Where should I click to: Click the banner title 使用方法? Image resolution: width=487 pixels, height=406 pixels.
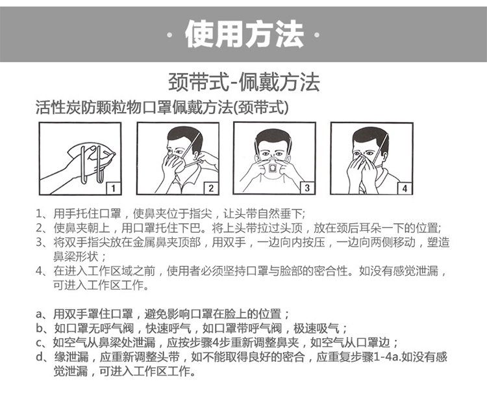click(243, 34)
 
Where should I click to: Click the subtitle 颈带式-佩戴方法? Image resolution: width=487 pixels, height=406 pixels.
click(243, 83)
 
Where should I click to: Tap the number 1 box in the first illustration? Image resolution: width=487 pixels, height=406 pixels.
click(112, 188)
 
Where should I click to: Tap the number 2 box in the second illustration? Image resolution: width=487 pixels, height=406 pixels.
click(210, 188)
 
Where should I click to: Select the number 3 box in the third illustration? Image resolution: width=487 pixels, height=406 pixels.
click(307, 188)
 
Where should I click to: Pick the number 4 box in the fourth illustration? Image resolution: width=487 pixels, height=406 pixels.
click(404, 188)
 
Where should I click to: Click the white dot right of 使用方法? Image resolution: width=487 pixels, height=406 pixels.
click(317, 34)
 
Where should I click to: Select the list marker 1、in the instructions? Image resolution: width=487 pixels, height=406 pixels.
click(42, 213)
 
